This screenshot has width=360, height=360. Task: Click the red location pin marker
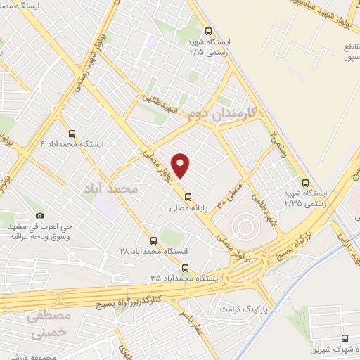point(181,165)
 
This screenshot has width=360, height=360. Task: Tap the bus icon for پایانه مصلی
point(187,196)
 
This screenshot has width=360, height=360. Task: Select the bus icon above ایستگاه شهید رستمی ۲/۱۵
point(207,31)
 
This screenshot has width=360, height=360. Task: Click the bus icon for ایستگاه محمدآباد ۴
point(71,132)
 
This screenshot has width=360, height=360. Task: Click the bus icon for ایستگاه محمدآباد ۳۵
point(185,267)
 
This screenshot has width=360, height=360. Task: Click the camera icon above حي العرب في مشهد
point(39,215)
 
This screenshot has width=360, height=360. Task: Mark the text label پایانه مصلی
point(188,209)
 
